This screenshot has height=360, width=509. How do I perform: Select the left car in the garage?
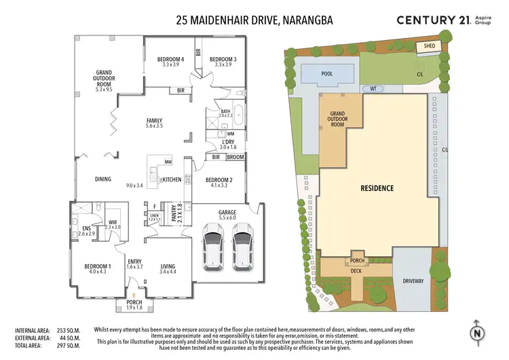(x=212, y=249)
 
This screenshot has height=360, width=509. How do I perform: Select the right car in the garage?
(x=242, y=249)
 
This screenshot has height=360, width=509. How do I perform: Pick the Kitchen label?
(x=171, y=179)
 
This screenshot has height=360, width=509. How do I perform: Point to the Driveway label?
(x=413, y=280)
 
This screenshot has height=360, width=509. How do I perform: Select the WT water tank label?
(x=373, y=89)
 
